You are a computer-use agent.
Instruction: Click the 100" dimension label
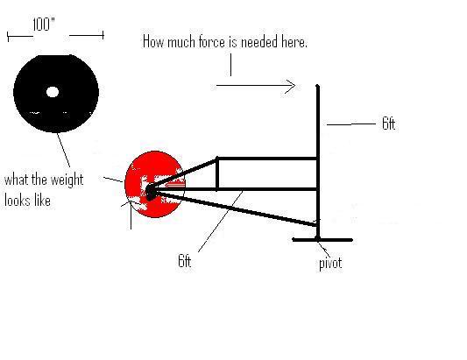click(x=44, y=25)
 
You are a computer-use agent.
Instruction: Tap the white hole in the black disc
click(x=53, y=92)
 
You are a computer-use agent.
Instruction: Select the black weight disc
click(x=56, y=94)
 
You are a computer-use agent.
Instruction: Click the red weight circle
click(x=154, y=184)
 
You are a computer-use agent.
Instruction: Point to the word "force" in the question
click(x=213, y=42)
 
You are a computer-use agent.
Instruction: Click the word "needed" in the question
click(x=259, y=42)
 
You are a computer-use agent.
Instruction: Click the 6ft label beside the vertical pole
click(x=389, y=124)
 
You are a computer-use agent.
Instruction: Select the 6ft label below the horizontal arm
click(x=184, y=261)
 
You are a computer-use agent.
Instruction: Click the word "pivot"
click(x=330, y=264)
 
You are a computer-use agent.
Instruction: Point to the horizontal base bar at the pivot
click(x=322, y=240)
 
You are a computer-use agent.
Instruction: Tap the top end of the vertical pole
click(x=318, y=86)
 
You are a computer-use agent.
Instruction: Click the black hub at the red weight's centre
click(x=151, y=192)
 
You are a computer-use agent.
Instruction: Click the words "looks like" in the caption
click(x=27, y=201)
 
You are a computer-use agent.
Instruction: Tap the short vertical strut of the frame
click(x=217, y=173)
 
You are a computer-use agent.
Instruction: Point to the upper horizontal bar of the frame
click(x=267, y=159)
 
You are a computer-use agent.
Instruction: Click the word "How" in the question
click(x=153, y=41)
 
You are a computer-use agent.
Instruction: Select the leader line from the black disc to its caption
click(x=63, y=150)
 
